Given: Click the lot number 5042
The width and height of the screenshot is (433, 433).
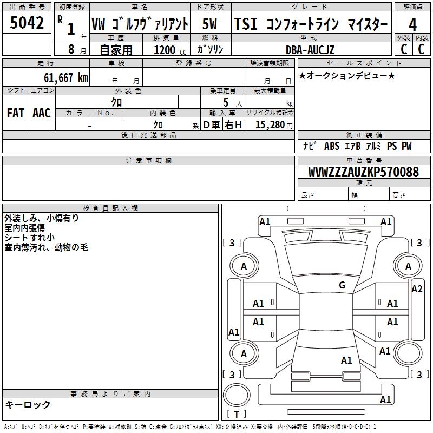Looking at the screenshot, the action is point(27,23).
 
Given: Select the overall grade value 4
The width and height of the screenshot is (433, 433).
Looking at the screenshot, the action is point(412,24).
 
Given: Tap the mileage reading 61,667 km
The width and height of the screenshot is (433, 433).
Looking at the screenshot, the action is point(66,78).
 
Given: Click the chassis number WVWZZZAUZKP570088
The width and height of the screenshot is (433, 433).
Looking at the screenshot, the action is point(363,172).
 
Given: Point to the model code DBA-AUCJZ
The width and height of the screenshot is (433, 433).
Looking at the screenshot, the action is point(310,50).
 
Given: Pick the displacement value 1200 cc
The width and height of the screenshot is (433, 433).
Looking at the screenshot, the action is point(170,50).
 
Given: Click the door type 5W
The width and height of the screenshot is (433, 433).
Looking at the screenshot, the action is point(209,24).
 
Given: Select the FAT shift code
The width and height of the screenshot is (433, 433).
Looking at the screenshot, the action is point(16,113).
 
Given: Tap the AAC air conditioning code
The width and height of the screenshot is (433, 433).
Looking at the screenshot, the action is point(42,113).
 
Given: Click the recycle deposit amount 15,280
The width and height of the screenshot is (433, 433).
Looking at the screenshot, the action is point(270,125).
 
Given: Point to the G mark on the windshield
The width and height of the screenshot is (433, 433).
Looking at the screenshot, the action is point(342,285).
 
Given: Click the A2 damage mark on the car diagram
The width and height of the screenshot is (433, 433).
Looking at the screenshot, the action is point(417,289).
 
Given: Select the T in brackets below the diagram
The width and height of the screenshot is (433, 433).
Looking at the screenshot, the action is point(237,414).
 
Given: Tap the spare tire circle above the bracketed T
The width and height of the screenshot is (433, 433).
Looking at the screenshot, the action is point(237,395).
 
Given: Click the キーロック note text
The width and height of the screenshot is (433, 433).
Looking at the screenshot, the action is point(28,404).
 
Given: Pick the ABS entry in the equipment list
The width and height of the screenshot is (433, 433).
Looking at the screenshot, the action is point(332,146).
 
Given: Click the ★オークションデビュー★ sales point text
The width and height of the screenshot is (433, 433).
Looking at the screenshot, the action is point(347,75).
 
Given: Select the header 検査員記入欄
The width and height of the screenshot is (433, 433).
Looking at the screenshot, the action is point(110,208).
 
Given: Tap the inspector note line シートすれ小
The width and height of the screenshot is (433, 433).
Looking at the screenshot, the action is point(30,238).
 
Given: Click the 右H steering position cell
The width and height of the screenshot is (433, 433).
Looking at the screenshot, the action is point(233,125).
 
